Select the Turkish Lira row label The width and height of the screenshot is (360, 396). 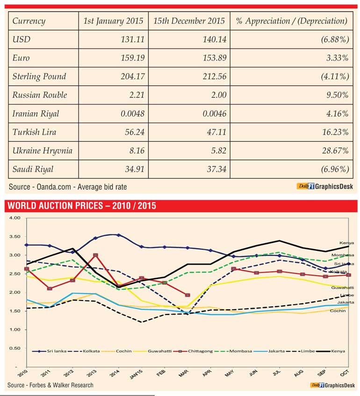click(34, 132)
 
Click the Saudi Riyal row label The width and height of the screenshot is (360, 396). click(33, 169)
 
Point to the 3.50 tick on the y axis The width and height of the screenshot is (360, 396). click(15, 236)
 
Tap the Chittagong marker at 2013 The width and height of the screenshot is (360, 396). click(95, 256)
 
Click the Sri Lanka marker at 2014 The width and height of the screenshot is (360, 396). click(119, 235)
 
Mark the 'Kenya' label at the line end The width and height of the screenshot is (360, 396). click(346, 243)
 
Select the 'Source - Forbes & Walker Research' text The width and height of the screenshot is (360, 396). click(50, 385)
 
